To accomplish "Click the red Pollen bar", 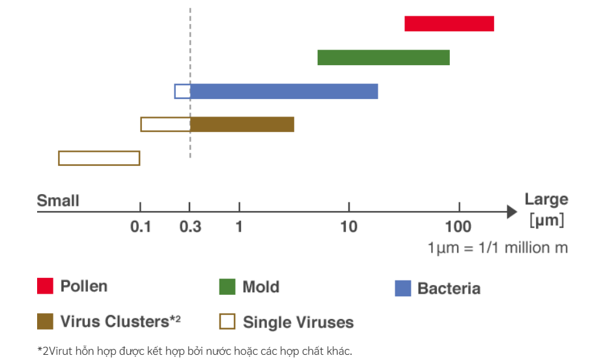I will [x=449, y=24].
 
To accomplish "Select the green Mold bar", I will [x=383, y=57].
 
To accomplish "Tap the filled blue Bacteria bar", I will [x=284, y=91].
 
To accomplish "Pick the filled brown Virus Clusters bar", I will [x=242, y=124].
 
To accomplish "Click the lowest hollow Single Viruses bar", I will [x=99, y=158].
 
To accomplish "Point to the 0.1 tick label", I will [x=140, y=227].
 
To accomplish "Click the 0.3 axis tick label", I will [x=190, y=227].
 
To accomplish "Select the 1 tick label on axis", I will [x=239, y=227].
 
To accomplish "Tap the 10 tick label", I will [x=349, y=227].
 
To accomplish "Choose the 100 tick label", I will [x=459, y=227].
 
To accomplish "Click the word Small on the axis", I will [x=58, y=201].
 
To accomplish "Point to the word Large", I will [x=546, y=199].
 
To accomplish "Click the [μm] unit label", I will [x=546, y=220].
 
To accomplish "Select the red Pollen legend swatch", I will [x=45, y=286].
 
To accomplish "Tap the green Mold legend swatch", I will [x=227, y=287].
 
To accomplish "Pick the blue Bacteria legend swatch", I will [x=403, y=288].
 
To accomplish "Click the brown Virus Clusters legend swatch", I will [x=45, y=322].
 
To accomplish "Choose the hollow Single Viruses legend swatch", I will [x=227, y=322].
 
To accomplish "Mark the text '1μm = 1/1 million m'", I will [x=497, y=248].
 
